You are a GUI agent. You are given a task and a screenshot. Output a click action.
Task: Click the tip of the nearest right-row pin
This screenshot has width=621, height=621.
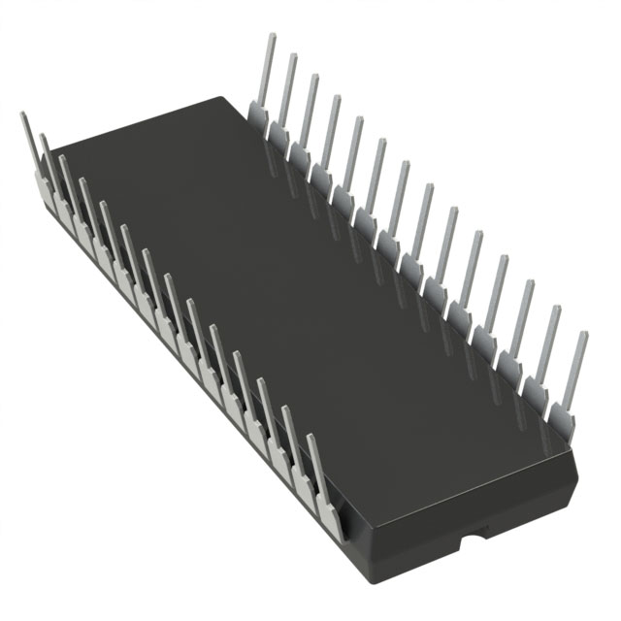click(x=582, y=335)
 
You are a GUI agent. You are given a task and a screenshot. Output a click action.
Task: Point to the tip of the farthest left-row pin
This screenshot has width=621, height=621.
click(x=24, y=115)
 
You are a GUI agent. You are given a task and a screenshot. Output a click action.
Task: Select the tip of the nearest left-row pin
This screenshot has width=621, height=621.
click(x=312, y=438)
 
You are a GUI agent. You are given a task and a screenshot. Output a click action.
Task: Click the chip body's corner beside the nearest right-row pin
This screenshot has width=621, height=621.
click(x=572, y=456)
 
